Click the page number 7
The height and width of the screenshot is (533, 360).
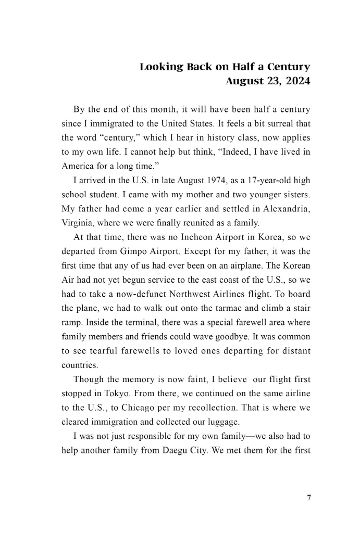pos(309,498)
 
